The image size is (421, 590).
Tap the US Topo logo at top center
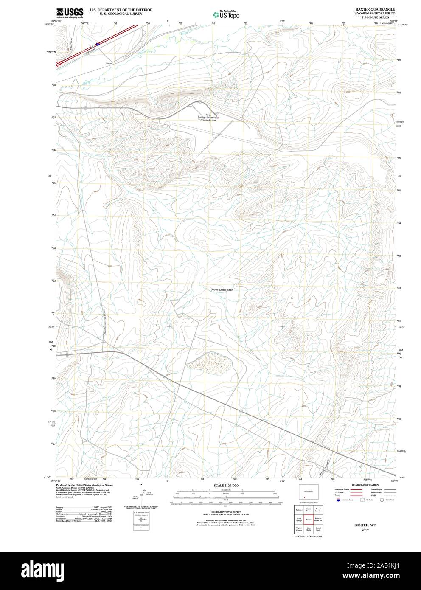(x=226, y=14)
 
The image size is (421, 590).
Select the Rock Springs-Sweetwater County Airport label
(x=208, y=118)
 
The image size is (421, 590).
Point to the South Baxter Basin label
(x=222, y=290)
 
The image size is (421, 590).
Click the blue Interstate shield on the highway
(x=98, y=43)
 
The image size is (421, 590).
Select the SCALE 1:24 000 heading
(x=226, y=486)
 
